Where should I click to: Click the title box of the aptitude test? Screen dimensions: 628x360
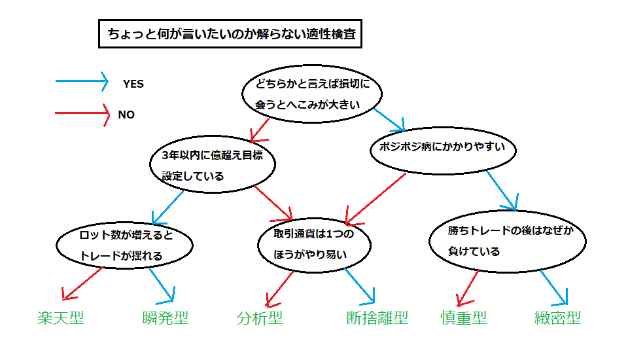(x=230, y=33)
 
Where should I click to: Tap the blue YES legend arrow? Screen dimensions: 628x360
(x=82, y=81)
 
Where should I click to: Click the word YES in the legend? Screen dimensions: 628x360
(x=133, y=84)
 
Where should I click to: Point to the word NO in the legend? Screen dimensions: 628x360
(x=126, y=115)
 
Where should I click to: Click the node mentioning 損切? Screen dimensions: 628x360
(x=312, y=94)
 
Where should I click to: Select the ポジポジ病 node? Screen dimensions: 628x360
(x=443, y=151)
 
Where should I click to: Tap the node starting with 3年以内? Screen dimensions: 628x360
(x=213, y=164)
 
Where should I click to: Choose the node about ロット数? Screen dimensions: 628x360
(x=124, y=245)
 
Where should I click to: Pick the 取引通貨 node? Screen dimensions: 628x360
(x=315, y=245)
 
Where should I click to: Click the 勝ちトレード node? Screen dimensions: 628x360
(x=508, y=242)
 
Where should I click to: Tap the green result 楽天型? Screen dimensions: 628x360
(x=61, y=318)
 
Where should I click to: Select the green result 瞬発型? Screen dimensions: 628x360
(x=166, y=318)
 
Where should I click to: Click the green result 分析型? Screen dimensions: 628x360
(x=260, y=318)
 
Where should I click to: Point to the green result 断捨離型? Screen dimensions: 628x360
(x=377, y=318)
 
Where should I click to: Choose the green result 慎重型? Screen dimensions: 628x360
(x=464, y=318)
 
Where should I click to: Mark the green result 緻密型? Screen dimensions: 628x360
(x=557, y=318)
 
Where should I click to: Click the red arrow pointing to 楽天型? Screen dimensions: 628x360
(x=83, y=283)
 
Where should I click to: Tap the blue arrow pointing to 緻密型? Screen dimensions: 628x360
(x=554, y=287)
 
